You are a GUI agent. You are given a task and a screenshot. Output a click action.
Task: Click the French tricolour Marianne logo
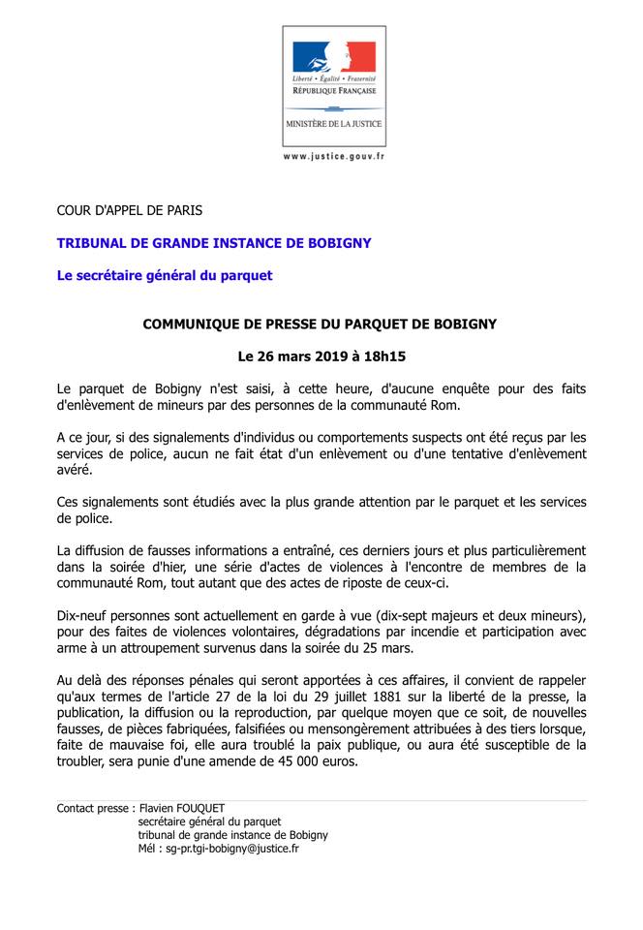pyautogui.click(x=333, y=55)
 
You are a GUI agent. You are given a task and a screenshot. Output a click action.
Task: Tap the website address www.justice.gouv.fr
pyautogui.click(x=333, y=156)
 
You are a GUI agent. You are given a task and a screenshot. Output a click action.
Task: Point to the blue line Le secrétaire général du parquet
pyautogui.click(x=164, y=275)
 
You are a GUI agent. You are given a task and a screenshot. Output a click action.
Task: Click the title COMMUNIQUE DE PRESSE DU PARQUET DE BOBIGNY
pyautogui.click(x=320, y=324)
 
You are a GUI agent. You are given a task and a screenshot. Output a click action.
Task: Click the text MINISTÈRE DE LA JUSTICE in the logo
pyautogui.click(x=333, y=125)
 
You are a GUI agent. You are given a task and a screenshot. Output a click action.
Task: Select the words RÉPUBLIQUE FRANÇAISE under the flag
pyautogui.click(x=333, y=88)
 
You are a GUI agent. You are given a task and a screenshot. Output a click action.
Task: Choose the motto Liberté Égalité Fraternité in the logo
pyautogui.click(x=333, y=77)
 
